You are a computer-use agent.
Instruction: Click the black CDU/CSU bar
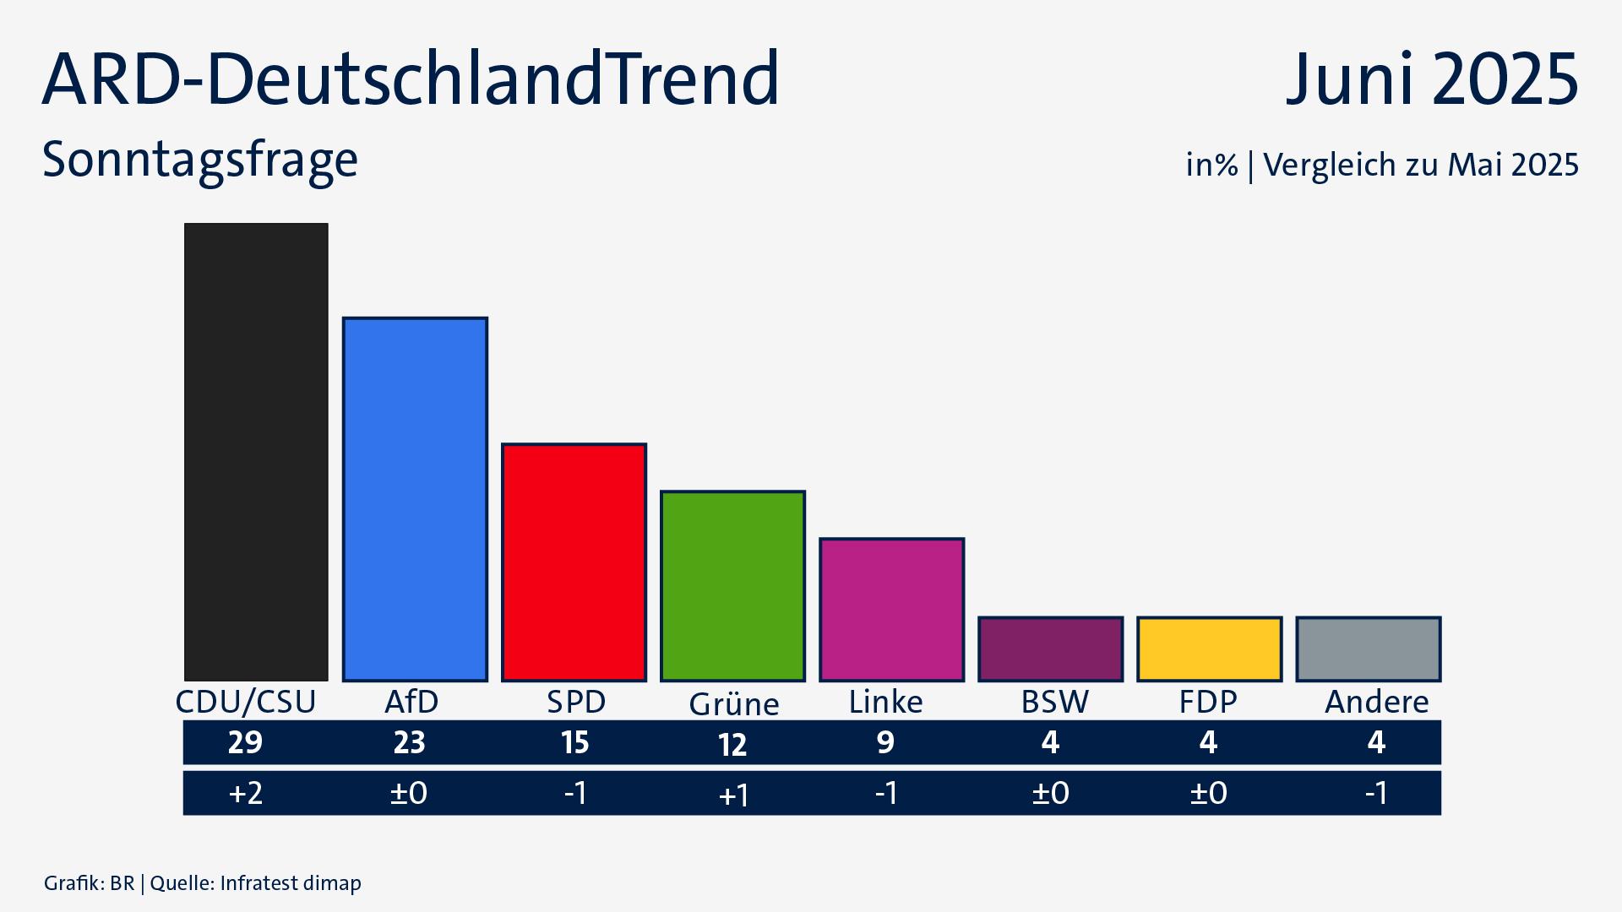point(256,452)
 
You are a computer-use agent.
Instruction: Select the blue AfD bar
point(415,499)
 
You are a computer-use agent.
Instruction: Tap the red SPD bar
point(574,562)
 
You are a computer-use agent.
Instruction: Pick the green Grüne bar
point(732,585)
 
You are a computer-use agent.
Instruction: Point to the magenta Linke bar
point(891,609)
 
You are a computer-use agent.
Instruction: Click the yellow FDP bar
point(1209,649)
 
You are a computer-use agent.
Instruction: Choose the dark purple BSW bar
point(1050,649)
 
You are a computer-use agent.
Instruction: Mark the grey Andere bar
point(1368,649)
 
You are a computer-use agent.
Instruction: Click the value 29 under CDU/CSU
point(245,742)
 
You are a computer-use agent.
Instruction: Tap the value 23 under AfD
point(409,742)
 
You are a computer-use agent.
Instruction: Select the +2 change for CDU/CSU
point(245,793)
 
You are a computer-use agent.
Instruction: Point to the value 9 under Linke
point(884,742)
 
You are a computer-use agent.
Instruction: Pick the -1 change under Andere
point(1376,793)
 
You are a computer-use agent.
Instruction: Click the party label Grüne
point(733,704)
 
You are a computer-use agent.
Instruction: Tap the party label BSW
point(1054,702)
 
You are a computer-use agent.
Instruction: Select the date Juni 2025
point(1431,79)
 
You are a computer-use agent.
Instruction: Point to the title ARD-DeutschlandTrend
point(411,79)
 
